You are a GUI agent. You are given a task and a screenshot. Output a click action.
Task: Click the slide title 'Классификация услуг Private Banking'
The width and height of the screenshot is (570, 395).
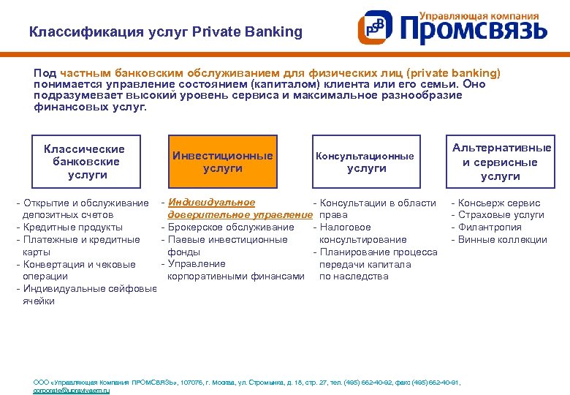[x=165, y=32]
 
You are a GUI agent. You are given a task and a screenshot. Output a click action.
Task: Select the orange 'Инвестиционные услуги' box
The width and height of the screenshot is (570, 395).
[x=223, y=162]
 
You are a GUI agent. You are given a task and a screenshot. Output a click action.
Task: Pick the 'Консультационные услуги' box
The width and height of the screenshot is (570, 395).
[x=365, y=162]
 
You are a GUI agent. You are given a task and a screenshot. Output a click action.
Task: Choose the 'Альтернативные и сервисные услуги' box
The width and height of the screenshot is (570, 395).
[x=501, y=162]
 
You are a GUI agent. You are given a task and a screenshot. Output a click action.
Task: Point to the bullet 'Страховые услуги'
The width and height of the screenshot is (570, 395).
[x=501, y=215]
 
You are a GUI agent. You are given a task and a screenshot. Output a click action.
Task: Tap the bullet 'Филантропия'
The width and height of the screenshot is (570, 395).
[x=490, y=227]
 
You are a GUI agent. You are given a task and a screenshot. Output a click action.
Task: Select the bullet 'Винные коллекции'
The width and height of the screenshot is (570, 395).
[x=502, y=239]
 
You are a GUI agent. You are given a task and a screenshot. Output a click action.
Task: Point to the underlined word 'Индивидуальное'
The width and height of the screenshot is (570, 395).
[x=211, y=203]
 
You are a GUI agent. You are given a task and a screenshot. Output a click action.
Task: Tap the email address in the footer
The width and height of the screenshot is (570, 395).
[x=72, y=391]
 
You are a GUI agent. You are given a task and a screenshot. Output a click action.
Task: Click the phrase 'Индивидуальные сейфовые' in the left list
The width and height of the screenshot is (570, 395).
[x=90, y=288]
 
